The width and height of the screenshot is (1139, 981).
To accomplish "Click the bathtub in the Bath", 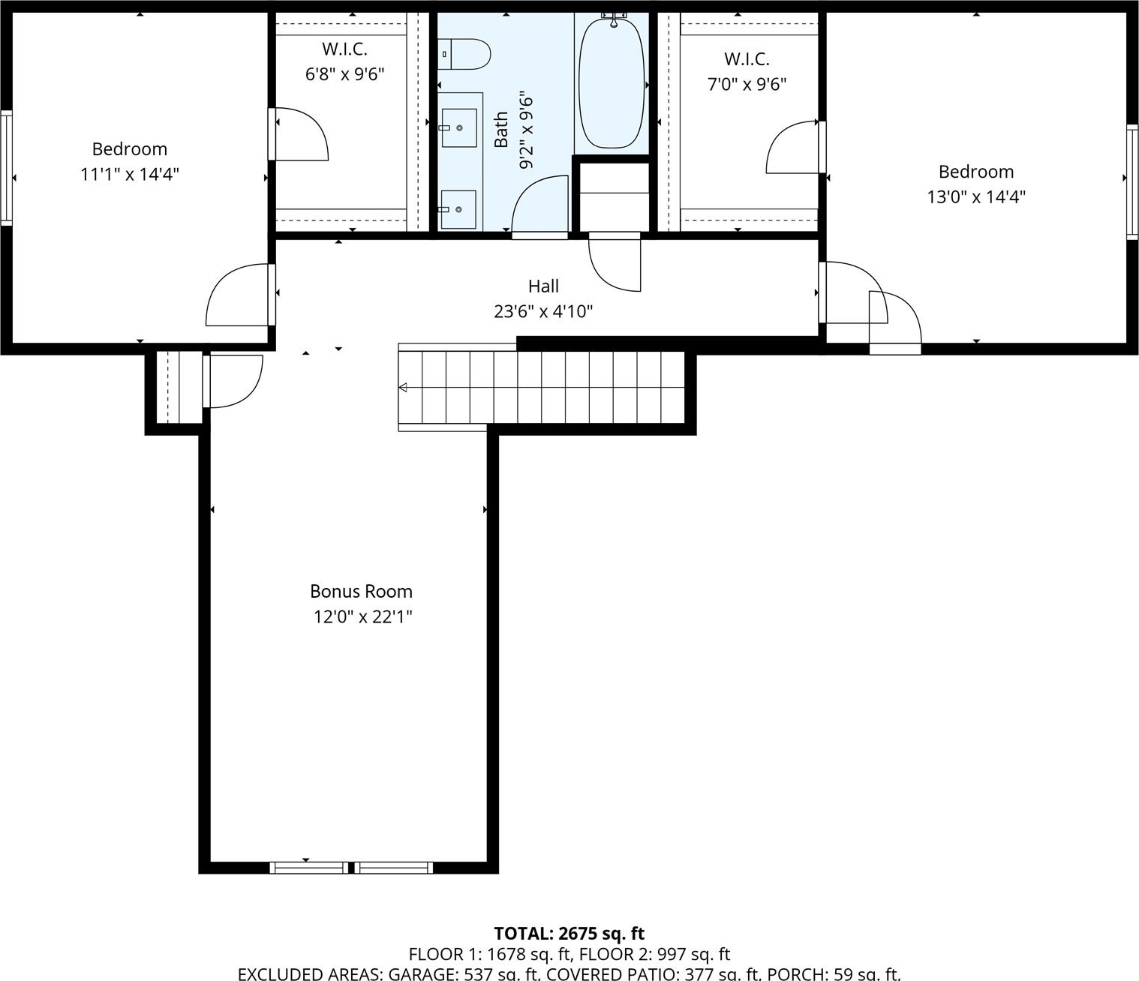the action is click(612, 83).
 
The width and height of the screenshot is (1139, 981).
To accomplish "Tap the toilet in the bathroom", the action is click(464, 54).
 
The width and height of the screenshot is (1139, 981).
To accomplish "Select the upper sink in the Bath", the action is click(459, 127).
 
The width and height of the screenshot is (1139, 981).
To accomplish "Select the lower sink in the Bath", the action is click(458, 209).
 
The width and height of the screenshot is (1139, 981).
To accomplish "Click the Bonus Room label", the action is click(361, 591).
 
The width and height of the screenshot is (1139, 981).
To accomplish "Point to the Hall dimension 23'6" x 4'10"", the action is click(543, 312).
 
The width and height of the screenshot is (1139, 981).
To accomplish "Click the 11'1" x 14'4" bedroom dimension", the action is click(130, 175).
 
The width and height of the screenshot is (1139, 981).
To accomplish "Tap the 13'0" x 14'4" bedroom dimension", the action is click(976, 197).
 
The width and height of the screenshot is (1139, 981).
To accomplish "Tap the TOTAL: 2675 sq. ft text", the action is click(569, 934).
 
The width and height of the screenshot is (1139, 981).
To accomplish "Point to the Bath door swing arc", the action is click(527, 190).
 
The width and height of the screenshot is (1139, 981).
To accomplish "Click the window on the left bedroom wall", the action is click(6, 167).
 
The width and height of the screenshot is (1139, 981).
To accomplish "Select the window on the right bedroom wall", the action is click(1132, 181).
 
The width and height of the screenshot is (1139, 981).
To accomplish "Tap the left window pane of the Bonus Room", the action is click(309, 868).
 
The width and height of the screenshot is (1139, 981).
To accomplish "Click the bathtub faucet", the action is click(613, 19).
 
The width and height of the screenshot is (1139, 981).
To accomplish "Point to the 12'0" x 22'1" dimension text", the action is click(363, 617).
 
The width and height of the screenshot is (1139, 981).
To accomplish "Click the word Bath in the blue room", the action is click(501, 130).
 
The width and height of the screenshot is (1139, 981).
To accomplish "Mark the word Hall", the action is click(543, 286).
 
